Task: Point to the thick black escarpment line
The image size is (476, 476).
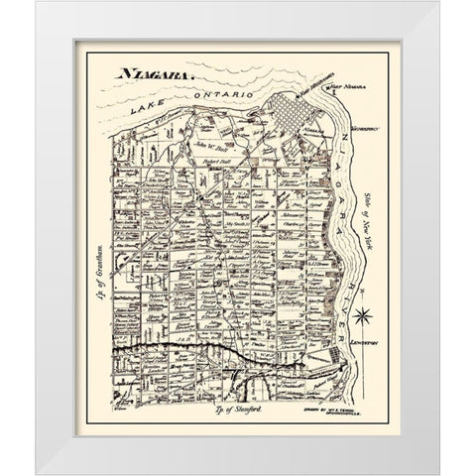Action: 218,350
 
